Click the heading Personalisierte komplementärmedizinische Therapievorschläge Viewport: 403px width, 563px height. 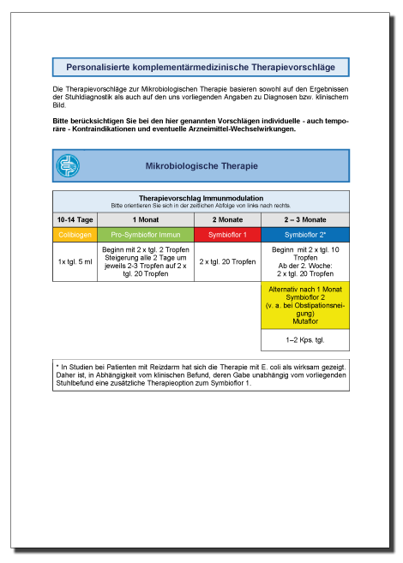(x=201, y=67)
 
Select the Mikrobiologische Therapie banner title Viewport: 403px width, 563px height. (x=201, y=165)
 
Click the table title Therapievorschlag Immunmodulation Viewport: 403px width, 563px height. (x=201, y=198)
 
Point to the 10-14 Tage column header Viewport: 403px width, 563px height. (x=75, y=219)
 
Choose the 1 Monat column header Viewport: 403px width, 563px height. (x=146, y=219)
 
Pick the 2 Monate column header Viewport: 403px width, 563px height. (x=228, y=219)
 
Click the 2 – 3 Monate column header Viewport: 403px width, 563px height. (x=304, y=219)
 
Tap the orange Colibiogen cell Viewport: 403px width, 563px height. (x=75, y=234)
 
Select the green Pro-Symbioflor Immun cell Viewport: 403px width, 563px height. (x=146, y=234)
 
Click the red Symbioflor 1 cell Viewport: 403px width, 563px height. (x=228, y=234)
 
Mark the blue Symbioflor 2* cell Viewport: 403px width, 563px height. (x=304, y=234)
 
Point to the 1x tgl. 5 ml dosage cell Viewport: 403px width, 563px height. (x=75, y=261)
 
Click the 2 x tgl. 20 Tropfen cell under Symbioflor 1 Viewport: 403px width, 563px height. (x=228, y=261)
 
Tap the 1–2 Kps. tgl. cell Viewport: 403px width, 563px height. (x=304, y=340)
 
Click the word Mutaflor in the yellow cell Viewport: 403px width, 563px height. (x=304, y=323)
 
